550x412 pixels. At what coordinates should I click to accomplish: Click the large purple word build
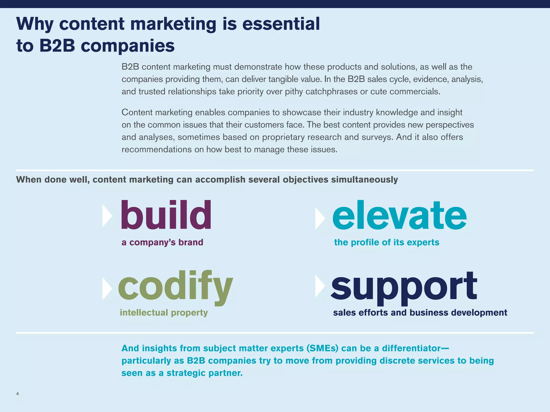point(166,215)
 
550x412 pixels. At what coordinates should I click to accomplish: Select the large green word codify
point(175,287)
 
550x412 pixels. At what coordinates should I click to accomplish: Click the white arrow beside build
point(107,215)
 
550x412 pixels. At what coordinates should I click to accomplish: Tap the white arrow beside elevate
point(320,218)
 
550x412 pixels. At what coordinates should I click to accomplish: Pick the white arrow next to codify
point(107,288)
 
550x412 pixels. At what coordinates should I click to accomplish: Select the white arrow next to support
point(320,286)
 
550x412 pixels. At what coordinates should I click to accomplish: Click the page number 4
point(17,394)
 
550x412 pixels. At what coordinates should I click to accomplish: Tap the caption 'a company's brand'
point(162,242)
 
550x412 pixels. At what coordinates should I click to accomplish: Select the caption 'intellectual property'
point(164,312)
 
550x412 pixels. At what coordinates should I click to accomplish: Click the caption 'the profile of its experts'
point(386,242)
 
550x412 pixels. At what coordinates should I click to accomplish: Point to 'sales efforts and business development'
point(420,312)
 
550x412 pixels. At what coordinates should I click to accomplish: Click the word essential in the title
point(281,24)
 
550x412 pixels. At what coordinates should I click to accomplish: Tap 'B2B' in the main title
point(57,46)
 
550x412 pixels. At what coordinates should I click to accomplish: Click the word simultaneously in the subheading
point(364,179)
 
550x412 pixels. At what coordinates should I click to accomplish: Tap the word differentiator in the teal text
point(411,348)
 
